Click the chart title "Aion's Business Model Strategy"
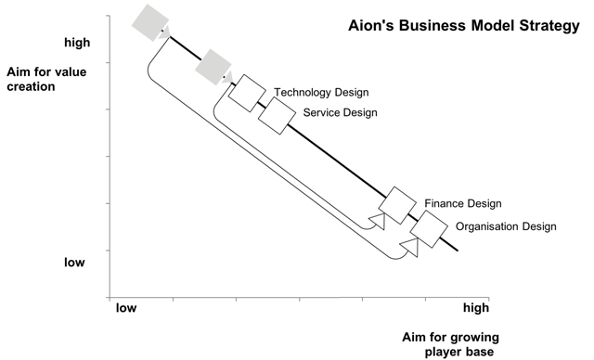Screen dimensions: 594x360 click(464, 26)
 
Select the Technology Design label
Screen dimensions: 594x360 click(321, 93)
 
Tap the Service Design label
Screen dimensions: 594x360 click(341, 112)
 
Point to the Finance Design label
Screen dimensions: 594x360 click(463, 203)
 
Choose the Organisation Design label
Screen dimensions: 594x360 click(506, 226)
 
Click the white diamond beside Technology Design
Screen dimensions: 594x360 click(248, 93)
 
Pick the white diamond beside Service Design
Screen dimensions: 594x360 click(277, 116)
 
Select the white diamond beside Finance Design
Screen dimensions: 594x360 click(397, 205)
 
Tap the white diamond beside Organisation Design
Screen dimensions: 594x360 click(429, 229)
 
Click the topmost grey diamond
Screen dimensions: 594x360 click(150, 22)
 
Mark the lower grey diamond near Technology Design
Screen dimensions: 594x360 click(213, 67)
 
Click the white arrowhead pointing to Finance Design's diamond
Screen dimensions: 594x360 click(378, 221)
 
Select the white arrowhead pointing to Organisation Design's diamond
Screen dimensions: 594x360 click(411, 247)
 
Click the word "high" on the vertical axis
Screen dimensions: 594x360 click(77, 42)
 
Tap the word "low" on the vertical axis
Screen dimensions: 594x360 click(74, 262)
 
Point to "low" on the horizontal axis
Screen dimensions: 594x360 click(126, 308)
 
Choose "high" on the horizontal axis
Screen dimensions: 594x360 click(476, 308)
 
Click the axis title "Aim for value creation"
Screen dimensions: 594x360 click(46, 79)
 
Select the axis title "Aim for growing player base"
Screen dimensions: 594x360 click(450, 344)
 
